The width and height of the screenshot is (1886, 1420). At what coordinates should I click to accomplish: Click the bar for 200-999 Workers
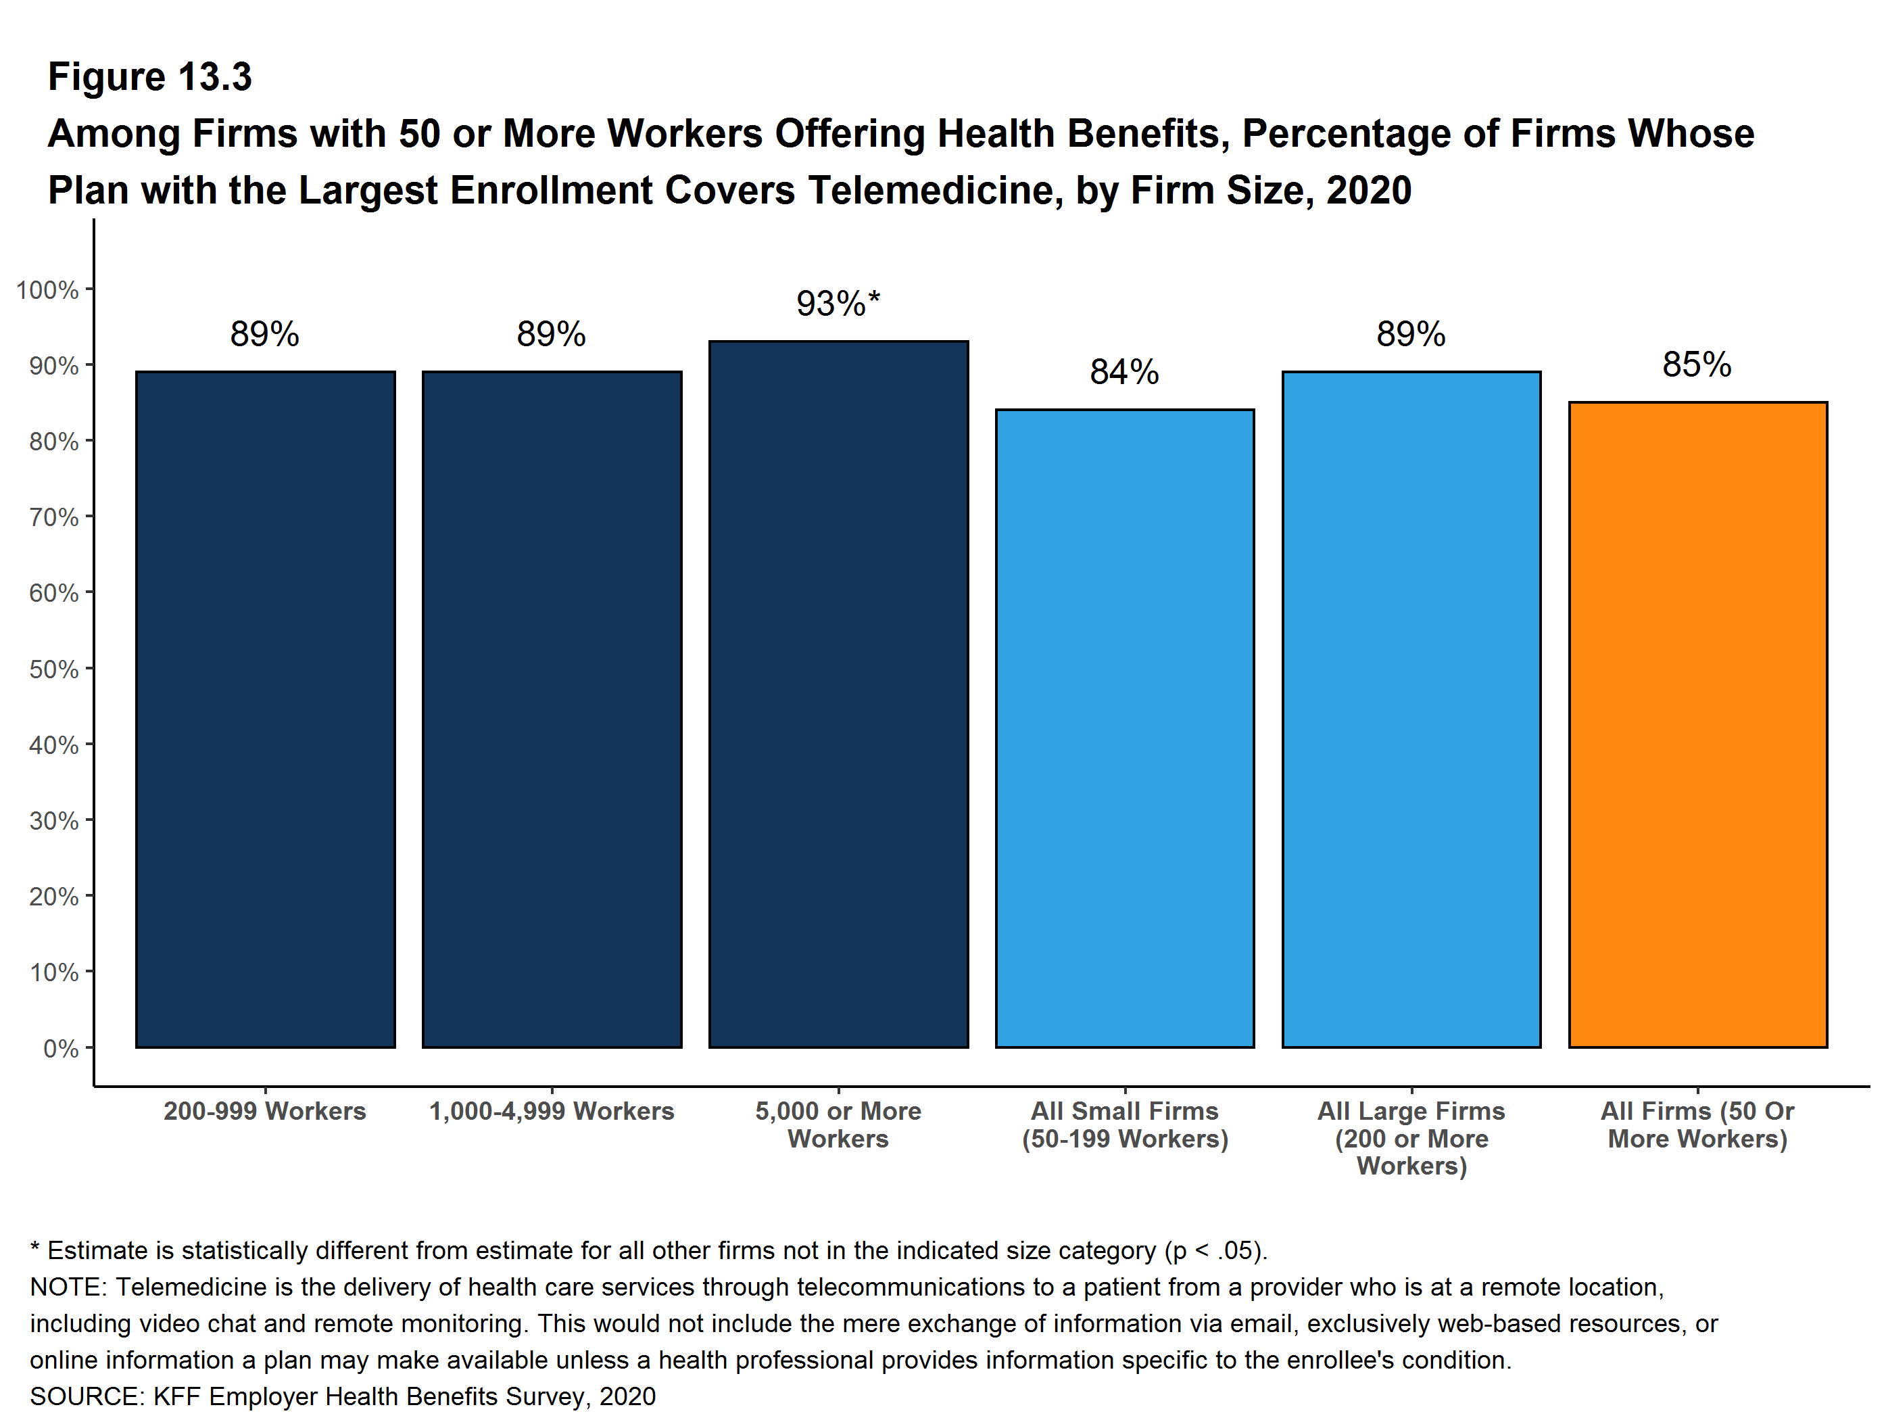[265, 709]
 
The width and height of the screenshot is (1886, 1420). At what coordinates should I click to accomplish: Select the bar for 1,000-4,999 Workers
[552, 709]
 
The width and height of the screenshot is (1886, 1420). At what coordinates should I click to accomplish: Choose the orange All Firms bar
[1697, 724]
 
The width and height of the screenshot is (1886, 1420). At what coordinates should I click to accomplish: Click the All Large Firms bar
[1411, 709]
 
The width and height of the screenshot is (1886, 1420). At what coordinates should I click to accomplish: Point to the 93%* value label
[838, 304]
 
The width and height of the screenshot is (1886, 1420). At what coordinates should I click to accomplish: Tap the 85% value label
[1697, 365]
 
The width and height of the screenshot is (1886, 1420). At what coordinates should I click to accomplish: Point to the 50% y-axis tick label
[53, 669]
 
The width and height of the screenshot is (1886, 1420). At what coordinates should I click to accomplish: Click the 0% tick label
[61, 1048]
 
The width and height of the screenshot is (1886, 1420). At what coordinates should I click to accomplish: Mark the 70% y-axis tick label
[53, 518]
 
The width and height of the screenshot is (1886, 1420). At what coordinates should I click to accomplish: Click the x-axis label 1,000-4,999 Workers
[552, 1111]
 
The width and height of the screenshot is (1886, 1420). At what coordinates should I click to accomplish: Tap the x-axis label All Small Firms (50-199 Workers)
[1125, 1125]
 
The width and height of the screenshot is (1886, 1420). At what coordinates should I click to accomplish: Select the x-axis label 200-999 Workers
[265, 1111]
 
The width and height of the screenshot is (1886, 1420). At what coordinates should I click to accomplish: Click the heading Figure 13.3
[150, 77]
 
